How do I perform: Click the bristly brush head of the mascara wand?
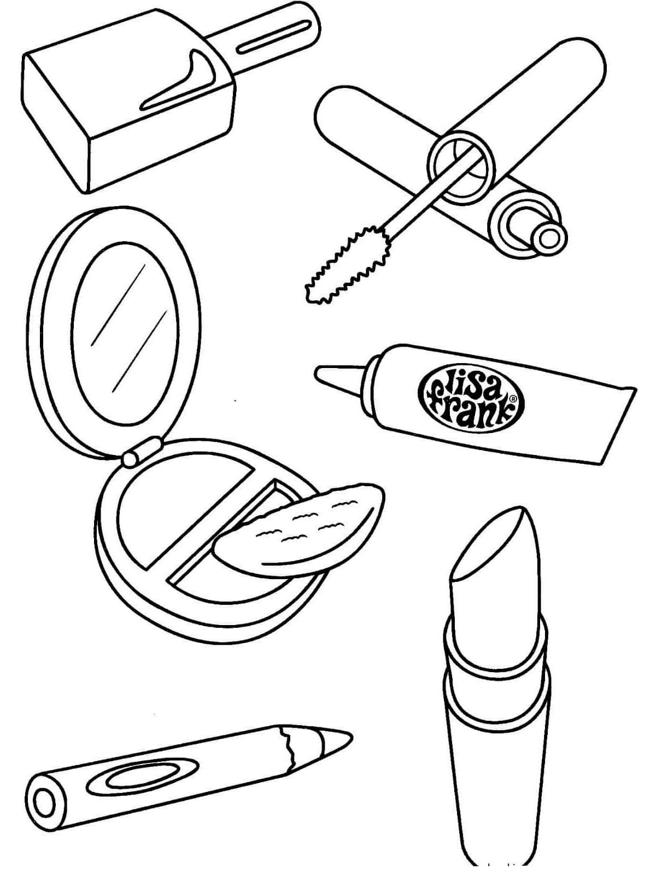point(347,263)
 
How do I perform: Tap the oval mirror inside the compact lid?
point(125,335)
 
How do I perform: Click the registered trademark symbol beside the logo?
point(514,398)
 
